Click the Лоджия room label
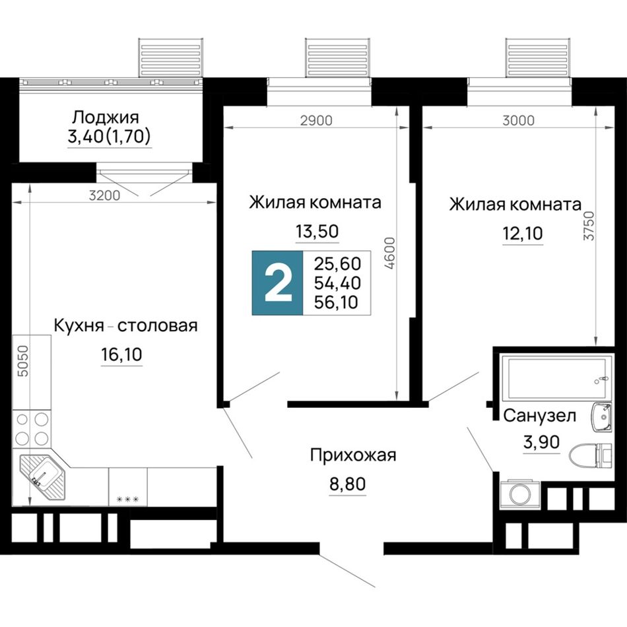[x=106, y=117]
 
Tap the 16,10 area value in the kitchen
[x=121, y=354]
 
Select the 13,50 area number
[x=317, y=231]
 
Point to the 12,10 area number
[x=523, y=233]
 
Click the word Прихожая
[x=353, y=455]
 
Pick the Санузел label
[x=539, y=416]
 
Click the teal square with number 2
[x=277, y=282]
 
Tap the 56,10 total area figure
[x=336, y=302]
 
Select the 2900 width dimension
[x=316, y=120]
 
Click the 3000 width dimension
[x=518, y=120]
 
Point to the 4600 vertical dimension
[x=389, y=253]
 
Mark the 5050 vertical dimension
[x=24, y=361]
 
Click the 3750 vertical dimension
[x=589, y=226]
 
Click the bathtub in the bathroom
[x=556, y=378]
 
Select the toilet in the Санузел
[x=591, y=455]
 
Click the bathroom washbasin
[x=601, y=417]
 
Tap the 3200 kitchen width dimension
[x=104, y=195]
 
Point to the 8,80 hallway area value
[x=347, y=484]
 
